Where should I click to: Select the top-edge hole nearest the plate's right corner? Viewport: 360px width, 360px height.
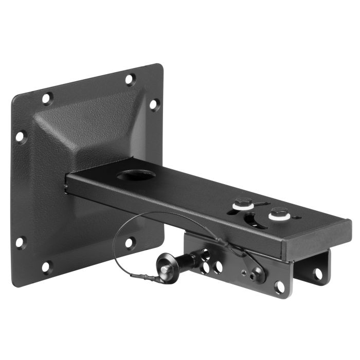click(x=130, y=80)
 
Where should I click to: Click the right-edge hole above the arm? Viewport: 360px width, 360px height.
click(x=154, y=104)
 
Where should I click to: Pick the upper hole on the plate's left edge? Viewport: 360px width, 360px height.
click(x=20, y=137)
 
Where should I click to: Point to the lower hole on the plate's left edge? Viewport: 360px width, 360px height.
click(x=20, y=241)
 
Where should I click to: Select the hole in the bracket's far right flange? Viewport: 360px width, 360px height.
click(x=318, y=273)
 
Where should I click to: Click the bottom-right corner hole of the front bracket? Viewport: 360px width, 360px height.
click(x=280, y=286)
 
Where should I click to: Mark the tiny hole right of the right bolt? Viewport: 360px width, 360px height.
click(x=297, y=218)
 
